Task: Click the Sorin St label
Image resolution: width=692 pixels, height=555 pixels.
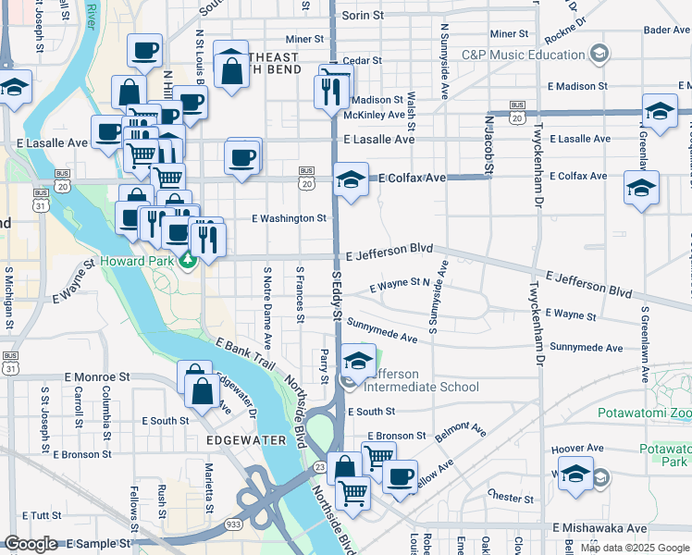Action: [x=363, y=16]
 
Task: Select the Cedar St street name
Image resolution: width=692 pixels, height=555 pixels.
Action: [x=363, y=60]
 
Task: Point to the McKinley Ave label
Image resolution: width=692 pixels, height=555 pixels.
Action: [x=374, y=115]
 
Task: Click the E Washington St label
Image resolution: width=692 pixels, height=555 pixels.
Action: [x=290, y=219]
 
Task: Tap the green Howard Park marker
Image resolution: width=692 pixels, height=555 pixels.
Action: [x=188, y=262]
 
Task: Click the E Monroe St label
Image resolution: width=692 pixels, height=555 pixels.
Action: [x=97, y=378]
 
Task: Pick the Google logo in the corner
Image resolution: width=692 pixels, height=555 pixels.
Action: [x=31, y=544]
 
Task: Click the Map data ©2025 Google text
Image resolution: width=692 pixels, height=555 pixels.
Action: [x=635, y=548]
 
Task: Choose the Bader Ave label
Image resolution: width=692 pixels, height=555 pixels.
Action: [x=666, y=31]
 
